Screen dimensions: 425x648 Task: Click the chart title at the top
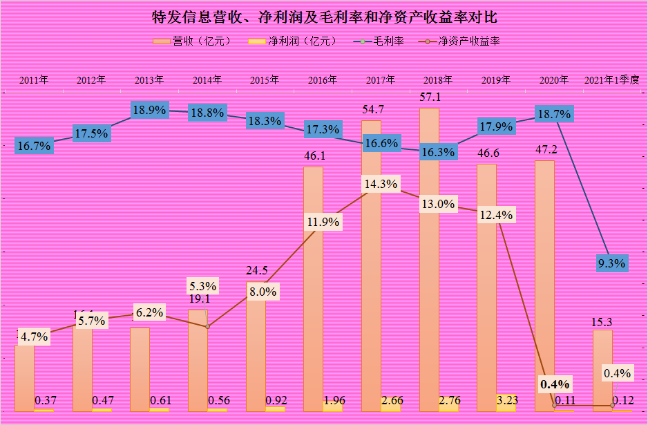[323, 16]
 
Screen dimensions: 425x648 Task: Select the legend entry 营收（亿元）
[191, 41]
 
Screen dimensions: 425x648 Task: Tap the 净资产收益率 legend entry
[459, 41]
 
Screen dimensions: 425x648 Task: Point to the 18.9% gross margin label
[149, 110]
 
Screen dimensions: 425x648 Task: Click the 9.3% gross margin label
[611, 263]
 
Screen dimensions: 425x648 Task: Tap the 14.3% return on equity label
[379, 185]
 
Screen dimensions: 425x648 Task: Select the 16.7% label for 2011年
[35, 146]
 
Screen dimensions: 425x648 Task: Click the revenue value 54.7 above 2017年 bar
[371, 110]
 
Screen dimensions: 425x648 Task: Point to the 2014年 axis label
[207, 79]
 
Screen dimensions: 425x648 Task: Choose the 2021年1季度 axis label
[612, 79]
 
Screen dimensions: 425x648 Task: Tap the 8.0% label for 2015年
[263, 291]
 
